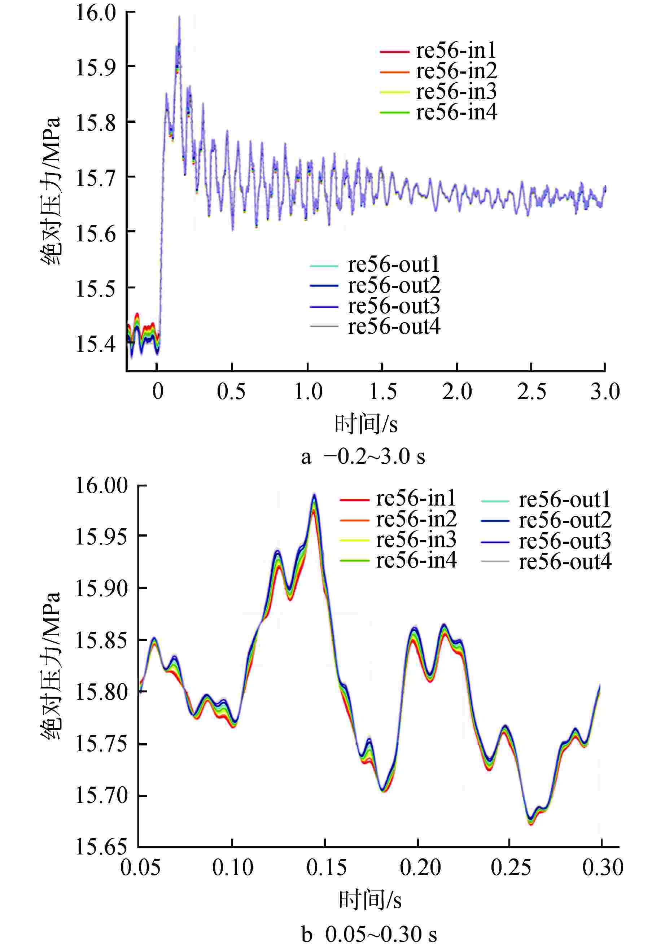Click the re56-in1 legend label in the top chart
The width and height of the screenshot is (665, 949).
pyautogui.click(x=456, y=51)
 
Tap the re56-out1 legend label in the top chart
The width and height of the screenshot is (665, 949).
pyautogui.click(x=393, y=264)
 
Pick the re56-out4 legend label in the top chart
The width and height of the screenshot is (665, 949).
pyautogui.click(x=394, y=327)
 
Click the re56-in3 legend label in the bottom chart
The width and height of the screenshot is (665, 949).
pyautogui.click(x=416, y=540)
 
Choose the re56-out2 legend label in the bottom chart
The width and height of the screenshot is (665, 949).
pyautogui.click(x=565, y=520)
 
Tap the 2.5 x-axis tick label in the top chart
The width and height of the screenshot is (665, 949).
pyautogui.click(x=531, y=391)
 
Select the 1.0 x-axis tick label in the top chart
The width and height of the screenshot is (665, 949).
pyautogui.click(x=308, y=391)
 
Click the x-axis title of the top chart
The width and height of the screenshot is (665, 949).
pyautogui.click(x=366, y=424)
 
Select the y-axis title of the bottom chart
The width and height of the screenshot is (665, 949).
pyautogui.click(x=51, y=665)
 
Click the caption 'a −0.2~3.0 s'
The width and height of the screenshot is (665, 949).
pyautogui.click(x=363, y=457)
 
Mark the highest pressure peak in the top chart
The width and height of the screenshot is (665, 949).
pyautogui.click(x=179, y=17)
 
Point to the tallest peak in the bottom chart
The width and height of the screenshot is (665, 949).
pyautogui.click(x=315, y=494)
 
